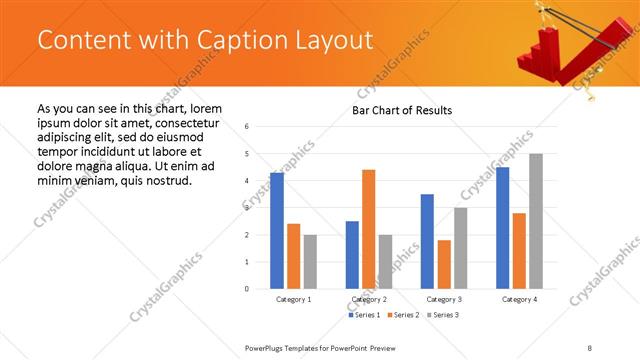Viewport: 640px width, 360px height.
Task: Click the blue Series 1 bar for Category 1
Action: coord(277,231)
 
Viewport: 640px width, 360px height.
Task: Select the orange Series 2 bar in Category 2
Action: coord(368,229)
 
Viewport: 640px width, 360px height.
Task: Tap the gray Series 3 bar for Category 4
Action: coord(535,221)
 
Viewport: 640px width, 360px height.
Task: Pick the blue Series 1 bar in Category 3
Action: coord(427,241)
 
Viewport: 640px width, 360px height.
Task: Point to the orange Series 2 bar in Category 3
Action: coord(443,264)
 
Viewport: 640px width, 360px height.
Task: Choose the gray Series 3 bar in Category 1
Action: coord(310,262)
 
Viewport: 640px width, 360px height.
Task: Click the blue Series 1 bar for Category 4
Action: coord(502,228)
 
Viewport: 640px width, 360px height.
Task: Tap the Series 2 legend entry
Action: coord(404,315)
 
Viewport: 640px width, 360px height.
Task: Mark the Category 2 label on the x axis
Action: coord(368,300)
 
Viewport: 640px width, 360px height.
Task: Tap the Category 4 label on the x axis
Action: coord(518,300)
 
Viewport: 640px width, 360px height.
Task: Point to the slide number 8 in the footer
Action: coord(590,347)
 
